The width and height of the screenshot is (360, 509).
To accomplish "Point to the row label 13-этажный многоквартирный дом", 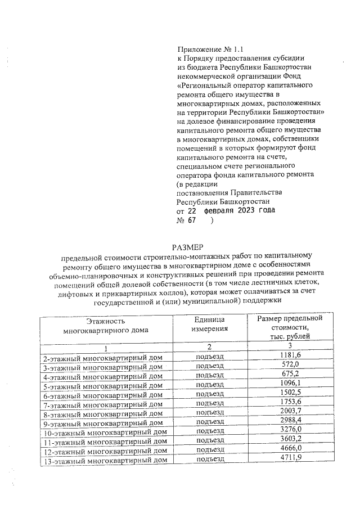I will [105, 460].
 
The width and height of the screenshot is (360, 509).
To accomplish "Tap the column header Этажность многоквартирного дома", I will [106, 326].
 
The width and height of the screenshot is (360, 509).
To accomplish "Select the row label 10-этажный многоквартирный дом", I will [105, 432].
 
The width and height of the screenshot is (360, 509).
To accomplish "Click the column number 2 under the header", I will [209, 346].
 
